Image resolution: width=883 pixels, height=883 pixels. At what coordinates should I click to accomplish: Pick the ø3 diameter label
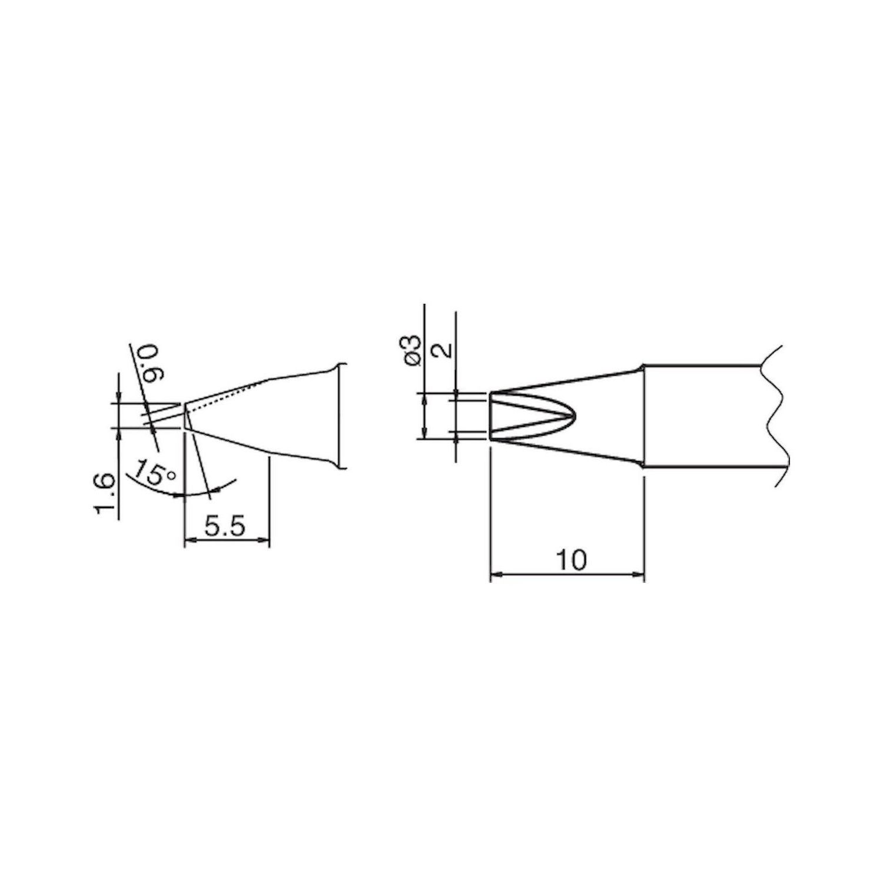click(413, 351)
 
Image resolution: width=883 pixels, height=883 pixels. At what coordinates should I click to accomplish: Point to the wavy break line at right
click(776, 415)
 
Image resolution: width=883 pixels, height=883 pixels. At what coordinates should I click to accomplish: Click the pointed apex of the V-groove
click(573, 416)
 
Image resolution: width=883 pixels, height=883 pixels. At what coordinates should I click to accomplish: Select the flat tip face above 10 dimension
click(490, 416)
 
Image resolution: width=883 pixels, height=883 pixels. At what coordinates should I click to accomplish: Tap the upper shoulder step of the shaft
click(640, 369)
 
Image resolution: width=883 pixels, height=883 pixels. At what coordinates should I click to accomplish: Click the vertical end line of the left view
click(340, 416)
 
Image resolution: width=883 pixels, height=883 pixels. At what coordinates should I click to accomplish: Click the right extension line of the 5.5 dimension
click(269, 500)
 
